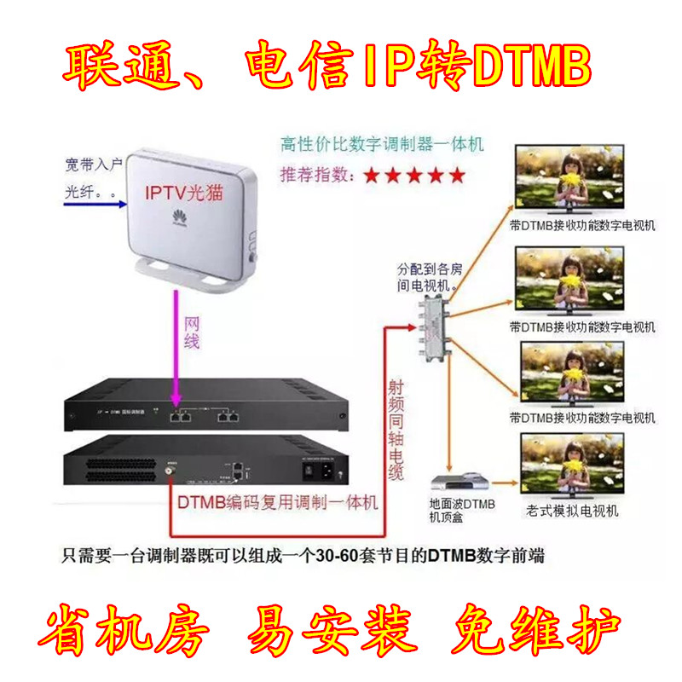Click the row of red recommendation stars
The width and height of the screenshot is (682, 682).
(413, 176)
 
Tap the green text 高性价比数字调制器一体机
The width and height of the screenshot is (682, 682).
(382, 144)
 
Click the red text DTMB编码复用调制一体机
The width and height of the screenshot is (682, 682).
(277, 504)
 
